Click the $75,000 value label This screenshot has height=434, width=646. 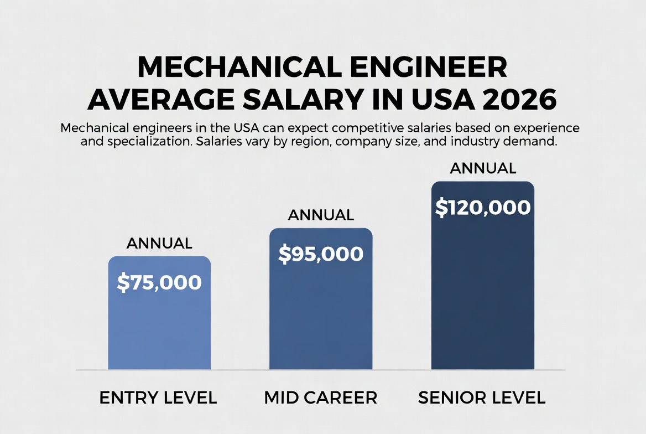[x=159, y=283]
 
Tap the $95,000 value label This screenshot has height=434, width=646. [x=321, y=254]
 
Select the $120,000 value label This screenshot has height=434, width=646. [x=483, y=208]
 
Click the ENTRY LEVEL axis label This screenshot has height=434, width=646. [x=158, y=397]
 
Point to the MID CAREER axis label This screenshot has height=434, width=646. [x=320, y=397]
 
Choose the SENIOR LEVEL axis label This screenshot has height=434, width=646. [x=482, y=397]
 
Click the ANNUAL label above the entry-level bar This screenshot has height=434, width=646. [x=159, y=243]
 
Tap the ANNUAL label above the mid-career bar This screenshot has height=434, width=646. [x=321, y=215]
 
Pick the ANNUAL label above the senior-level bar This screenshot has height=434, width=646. [x=483, y=168]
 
